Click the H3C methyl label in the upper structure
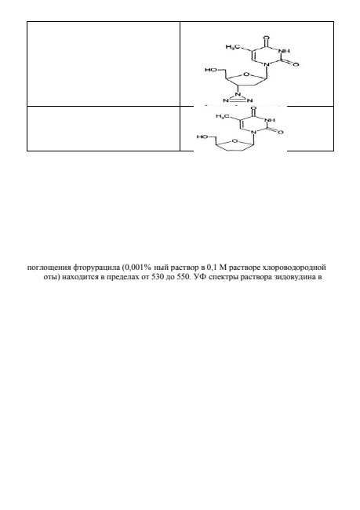click(231, 47)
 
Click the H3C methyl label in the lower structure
click(221, 116)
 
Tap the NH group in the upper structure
click(285, 51)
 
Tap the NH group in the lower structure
click(270, 120)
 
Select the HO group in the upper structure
click(209, 70)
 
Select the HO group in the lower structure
click(202, 137)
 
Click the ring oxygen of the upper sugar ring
click(246, 75)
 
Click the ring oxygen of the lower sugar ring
click(235, 140)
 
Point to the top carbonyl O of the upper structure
click(267, 38)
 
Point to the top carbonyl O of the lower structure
click(253, 107)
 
